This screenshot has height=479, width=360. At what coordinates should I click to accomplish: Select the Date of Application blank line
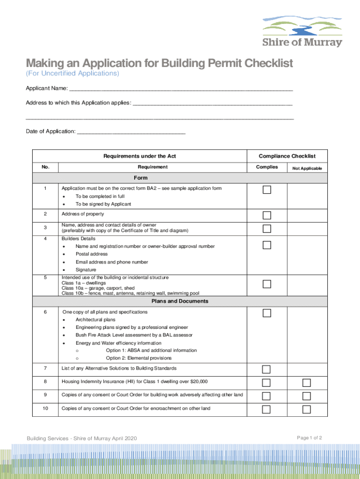(131, 132)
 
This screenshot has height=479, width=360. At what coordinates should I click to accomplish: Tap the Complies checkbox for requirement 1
(266, 189)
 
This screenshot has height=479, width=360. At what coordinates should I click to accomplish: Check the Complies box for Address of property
(266, 215)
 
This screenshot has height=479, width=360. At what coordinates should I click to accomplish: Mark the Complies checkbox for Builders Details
(266, 245)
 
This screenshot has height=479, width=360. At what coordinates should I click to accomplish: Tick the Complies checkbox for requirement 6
(266, 313)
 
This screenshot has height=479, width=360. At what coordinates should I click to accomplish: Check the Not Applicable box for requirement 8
(306, 383)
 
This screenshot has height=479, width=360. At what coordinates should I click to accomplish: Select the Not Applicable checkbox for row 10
(306, 410)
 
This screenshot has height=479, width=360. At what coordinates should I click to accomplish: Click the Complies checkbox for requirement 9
(266, 396)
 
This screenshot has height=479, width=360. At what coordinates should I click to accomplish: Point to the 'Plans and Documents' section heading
(180, 301)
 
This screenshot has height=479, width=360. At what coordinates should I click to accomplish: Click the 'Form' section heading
(140, 178)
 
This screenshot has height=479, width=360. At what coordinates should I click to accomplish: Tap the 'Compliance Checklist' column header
(287, 156)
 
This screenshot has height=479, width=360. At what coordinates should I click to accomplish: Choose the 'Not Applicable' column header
(307, 168)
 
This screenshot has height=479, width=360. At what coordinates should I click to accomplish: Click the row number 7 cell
(45, 368)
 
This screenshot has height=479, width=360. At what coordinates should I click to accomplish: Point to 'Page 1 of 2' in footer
(310, 438)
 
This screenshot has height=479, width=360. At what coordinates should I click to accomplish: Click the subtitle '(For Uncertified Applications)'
(72, 74)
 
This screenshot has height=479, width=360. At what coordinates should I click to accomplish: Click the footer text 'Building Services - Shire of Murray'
(82, 438)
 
